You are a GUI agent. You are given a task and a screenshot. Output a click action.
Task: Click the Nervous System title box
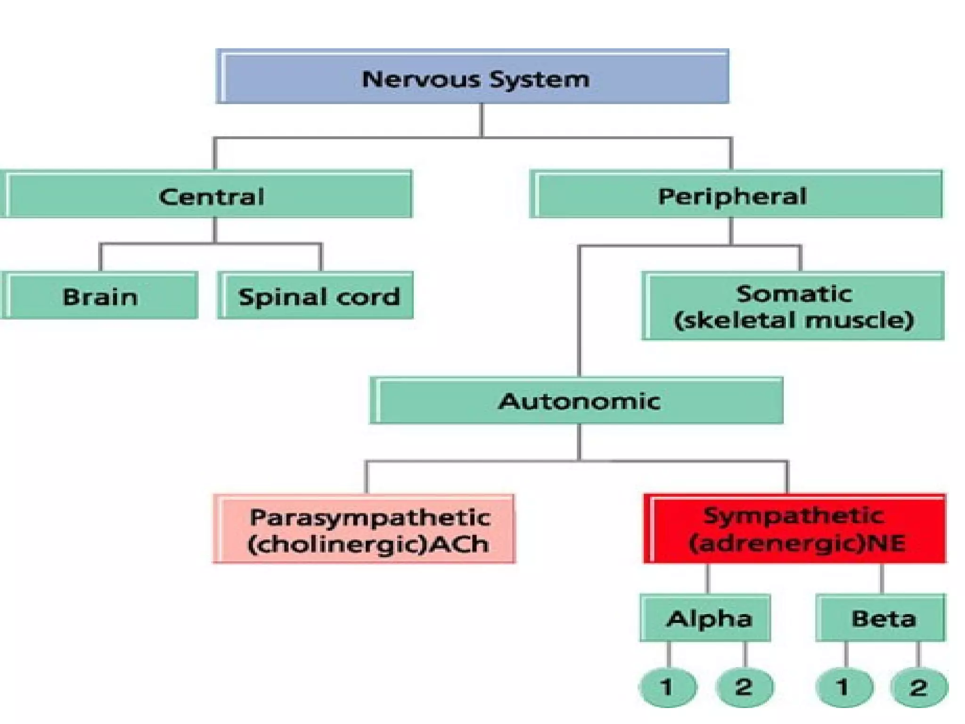[473, 77]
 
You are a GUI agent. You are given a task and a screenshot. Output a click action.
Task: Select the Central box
[207, 195]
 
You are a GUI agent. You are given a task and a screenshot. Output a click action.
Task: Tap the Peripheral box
[736, 195]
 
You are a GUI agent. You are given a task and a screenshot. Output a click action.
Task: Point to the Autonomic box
[577, 401]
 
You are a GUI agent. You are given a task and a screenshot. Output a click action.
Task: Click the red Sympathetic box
[795, 529]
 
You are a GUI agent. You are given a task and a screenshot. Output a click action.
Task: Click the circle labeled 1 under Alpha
[667, 687]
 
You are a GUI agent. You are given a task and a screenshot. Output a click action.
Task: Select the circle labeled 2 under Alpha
[744, 687]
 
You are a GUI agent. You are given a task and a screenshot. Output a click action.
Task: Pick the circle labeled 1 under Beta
[844, 687]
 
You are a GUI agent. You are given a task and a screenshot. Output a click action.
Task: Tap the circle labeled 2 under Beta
[919, 687]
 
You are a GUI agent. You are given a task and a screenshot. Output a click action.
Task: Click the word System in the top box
[540, 79]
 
